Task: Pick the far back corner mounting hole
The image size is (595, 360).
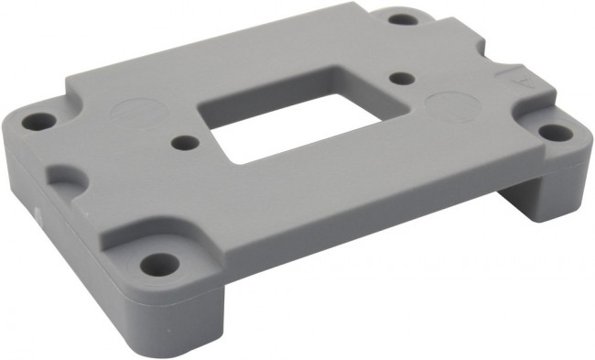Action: (x=401, y=17)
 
